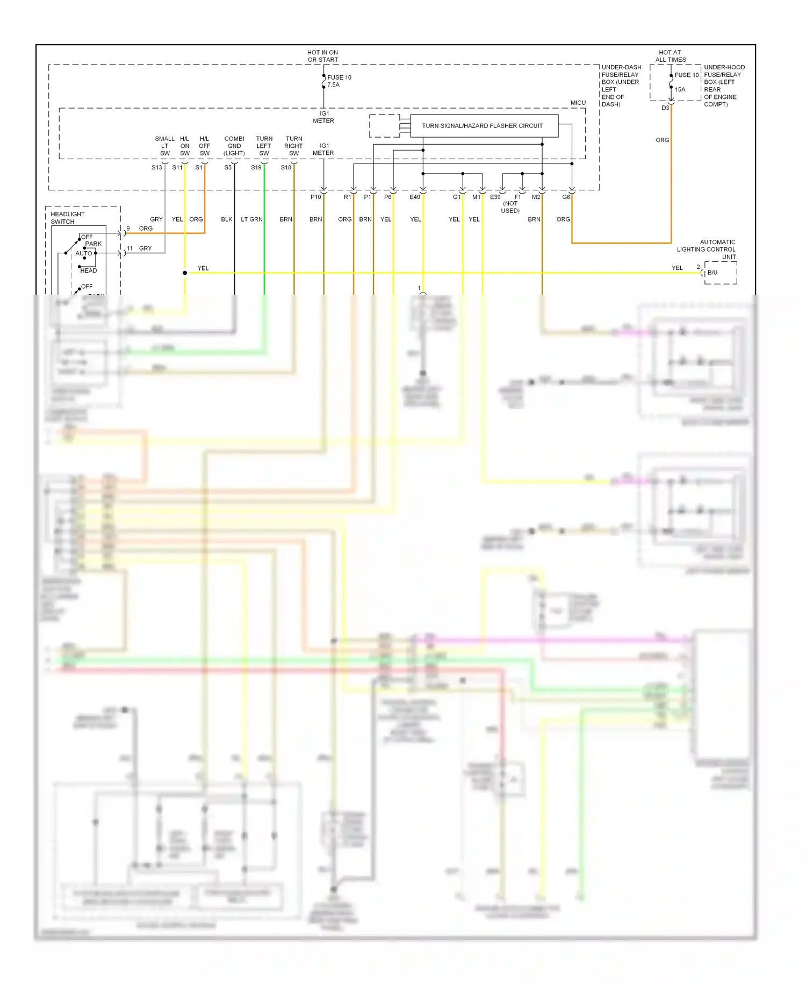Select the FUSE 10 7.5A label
coord(339,81)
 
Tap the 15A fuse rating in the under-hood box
coord(680,90)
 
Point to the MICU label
coord(578,103)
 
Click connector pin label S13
coord(156,168)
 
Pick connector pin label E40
coord(415,197)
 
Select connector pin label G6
coord(566,197)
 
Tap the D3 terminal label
coord(665,108)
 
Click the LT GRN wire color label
coord(251,219)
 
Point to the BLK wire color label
coord(227,219)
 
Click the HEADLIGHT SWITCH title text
coord(67,218)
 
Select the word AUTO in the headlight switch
coord(84,253)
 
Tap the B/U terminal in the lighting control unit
coord(713,273)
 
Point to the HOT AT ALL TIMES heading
coord(670,56)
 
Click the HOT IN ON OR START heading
coord(322,56)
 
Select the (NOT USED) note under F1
coord(510,207)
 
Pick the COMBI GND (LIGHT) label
coord(234,146)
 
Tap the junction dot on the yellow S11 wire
coord(185,273)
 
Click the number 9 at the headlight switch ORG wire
coord(128,229)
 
